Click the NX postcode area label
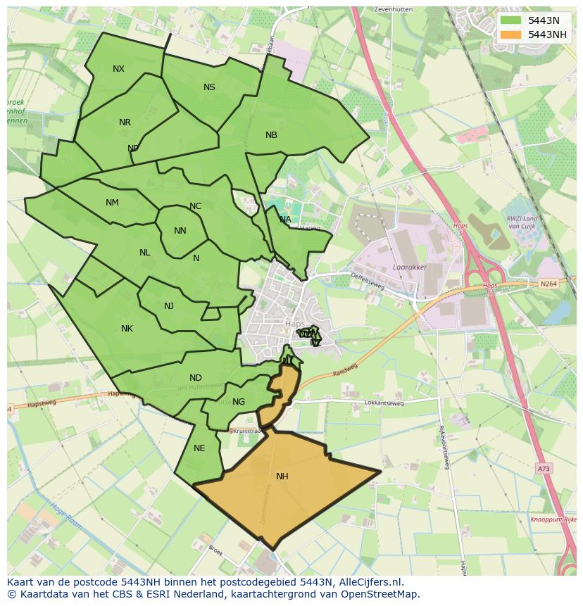pyautogui.click(x=118, y=69)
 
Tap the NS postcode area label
pyautogui.click(x=209, y=87)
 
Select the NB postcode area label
pyautogui.click(x=271, y=135)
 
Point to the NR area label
pyautogui.click(x=125, y=122)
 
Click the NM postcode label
pyautogui.click(x=112, y=203)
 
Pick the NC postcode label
pyautogui.click(x=195, y=206)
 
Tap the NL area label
pyautogui.click(x=144, y=253)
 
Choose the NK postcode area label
pyautogui.click(x=127, y=329)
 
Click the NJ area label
pyautogui.click(x=169, y=306)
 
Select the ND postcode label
pyautogui.click(x=195, y=378)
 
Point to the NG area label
pyautogui.click(x=239, y=402)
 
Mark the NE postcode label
pyautogui.click(x=199, y=448)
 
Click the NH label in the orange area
pyautogui.click(x=282, y=476)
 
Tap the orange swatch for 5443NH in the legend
pyautogui.click(x=512, y=34)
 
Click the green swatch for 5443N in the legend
pyautogui.click(x=512, y=20)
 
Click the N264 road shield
pyautogui.click(x=548, y=284)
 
